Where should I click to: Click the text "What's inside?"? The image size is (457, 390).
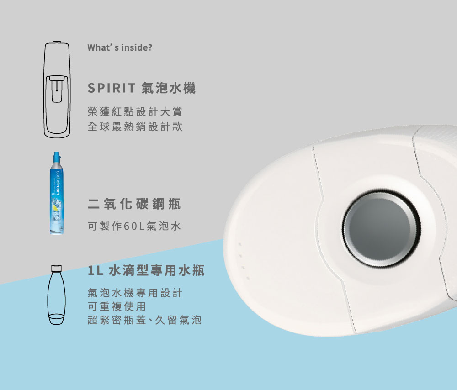point(119,47)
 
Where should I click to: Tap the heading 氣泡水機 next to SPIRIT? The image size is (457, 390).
point(169,88)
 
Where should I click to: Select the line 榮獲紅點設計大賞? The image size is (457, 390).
point(135,111)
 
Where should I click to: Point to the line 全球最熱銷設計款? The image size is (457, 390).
point(135,126)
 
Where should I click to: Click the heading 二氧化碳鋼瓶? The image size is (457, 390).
point(134,204)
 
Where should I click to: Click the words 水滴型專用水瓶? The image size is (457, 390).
point(157,271)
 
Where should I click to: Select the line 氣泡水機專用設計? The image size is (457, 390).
point(135,293)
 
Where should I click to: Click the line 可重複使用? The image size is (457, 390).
point(117,306)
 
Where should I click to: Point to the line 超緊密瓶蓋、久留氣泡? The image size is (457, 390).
point(144,320)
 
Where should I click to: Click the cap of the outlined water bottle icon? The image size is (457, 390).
point(57,267)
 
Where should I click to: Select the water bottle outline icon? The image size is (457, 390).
point(57,297)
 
